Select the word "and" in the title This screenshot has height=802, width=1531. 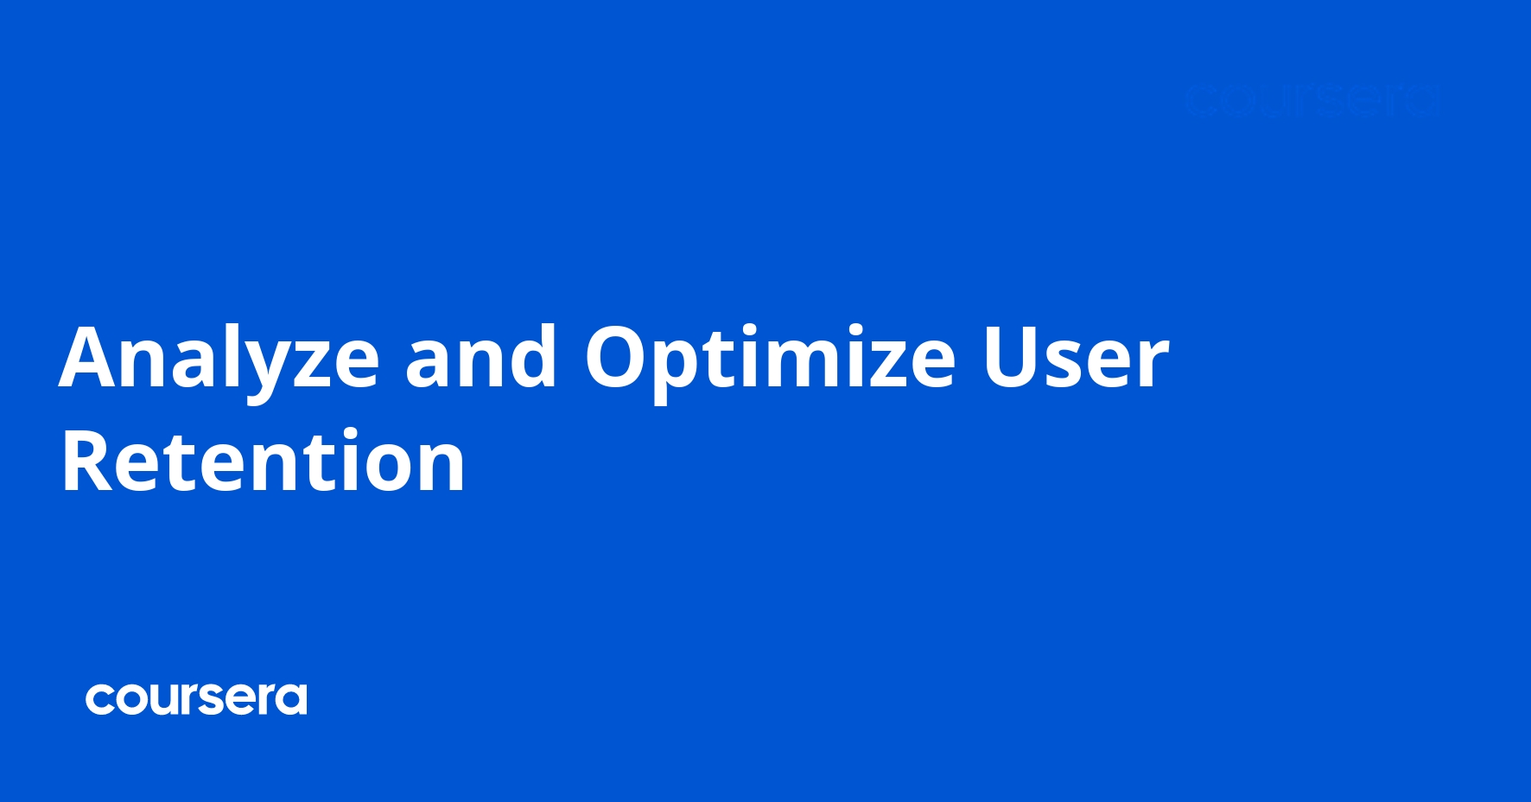481,358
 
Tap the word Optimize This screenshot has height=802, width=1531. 770,358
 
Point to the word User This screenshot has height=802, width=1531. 1075,358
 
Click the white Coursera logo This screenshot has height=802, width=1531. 196,699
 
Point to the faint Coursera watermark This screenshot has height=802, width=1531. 1312,101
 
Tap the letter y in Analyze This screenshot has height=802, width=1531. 257,368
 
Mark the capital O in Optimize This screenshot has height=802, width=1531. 618,358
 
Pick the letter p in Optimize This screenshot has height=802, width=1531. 679,366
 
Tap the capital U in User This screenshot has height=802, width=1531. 1012,358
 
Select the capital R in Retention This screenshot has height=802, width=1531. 88,462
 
